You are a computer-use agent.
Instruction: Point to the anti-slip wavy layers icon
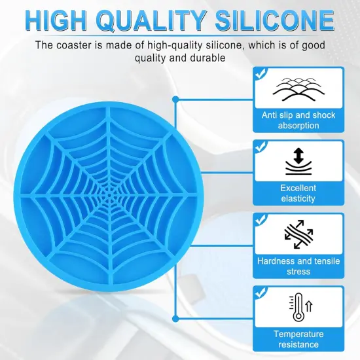pos(298,90)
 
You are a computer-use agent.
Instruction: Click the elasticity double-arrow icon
pos(298,161)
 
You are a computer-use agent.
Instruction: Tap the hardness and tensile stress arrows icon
pos(298,235)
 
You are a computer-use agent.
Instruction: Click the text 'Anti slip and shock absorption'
pos(298,120)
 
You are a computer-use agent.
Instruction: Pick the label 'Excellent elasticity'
pos(298,192)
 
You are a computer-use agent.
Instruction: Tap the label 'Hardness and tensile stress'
pos(298,266)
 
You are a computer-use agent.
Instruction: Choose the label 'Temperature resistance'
pos(298,339)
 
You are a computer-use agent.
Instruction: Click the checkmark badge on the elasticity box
pos(260,147)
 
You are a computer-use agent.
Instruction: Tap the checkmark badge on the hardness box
pos(260,221)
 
